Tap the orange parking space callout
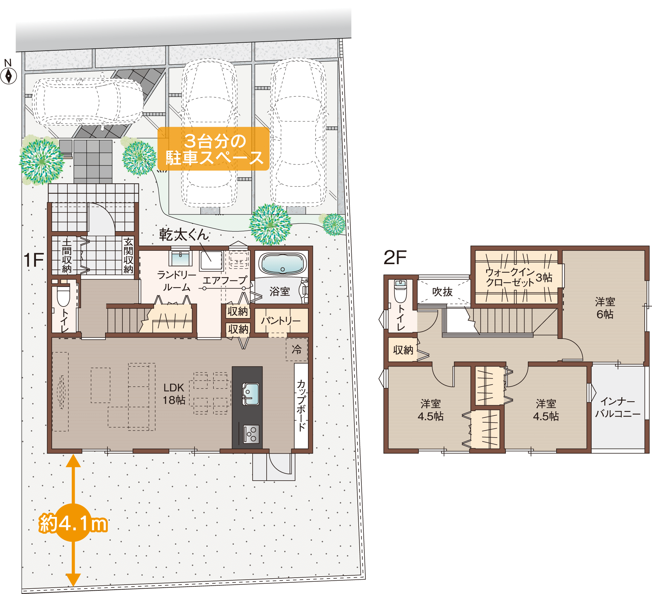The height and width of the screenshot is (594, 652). click(214, 149)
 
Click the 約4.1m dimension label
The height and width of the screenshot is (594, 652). click(73, 523)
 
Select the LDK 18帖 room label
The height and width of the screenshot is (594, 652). click(174, 394)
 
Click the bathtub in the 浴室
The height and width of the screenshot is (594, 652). click(282, 264)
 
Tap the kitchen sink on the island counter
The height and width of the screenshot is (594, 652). click(251, 394)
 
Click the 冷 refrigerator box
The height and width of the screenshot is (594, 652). click(297, 349)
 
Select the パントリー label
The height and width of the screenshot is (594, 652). click(281, 321)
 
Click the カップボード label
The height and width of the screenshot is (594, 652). click(301, 405)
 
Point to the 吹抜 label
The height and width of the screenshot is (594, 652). click(442, 292)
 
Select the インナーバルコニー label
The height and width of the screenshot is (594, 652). click(618, 407)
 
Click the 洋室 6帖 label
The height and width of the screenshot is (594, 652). click(605, 308)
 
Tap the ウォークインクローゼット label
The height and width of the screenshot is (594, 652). click(510, 277)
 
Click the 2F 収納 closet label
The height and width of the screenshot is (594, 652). click(403, 350)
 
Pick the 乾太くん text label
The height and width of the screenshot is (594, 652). click(184, 235)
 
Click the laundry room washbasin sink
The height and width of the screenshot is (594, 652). click(181, 258)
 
